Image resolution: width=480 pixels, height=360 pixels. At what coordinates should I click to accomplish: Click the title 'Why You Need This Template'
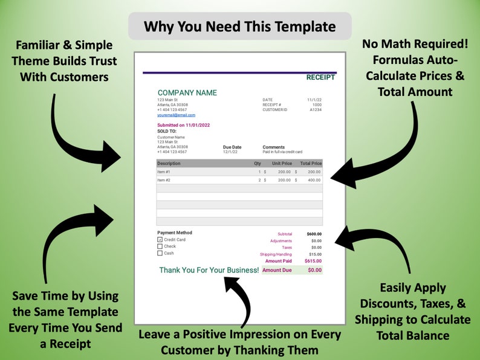click(239, 27)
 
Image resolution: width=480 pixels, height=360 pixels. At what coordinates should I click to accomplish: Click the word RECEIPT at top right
click(320, 77)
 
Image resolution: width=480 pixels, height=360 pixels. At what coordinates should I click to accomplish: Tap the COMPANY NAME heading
click(187, 92)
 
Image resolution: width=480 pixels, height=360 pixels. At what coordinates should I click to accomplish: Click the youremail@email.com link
click(176, 115)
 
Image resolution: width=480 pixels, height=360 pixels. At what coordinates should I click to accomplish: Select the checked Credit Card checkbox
click(160, 240)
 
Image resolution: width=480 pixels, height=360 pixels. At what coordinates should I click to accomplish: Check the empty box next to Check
click(160, 246)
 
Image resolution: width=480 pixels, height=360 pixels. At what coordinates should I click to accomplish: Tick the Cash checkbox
click(160, 253)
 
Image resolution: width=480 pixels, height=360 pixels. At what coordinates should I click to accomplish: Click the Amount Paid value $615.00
click(313, 261)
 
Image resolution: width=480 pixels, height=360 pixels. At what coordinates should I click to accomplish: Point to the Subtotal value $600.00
click(314, 234)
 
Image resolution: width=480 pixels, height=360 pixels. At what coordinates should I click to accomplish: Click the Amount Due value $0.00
click(314, 270)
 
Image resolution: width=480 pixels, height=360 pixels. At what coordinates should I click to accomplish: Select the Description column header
click(169, 163)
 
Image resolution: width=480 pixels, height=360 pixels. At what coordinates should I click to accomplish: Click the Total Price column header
click(311, 163)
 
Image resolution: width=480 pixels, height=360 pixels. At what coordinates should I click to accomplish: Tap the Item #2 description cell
click(164, 180)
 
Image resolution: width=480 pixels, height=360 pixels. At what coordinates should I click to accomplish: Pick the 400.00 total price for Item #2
click(314, 180)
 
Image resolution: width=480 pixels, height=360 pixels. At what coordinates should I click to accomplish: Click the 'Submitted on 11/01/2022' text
click(183, 125)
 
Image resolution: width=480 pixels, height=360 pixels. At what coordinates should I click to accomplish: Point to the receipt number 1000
click(317, 104)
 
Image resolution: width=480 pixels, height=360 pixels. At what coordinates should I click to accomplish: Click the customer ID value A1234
click(316, 110)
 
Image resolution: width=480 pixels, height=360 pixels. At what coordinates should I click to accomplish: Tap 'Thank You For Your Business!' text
click(209, 270)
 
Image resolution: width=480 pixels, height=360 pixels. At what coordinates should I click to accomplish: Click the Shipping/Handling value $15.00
click(315, 254)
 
